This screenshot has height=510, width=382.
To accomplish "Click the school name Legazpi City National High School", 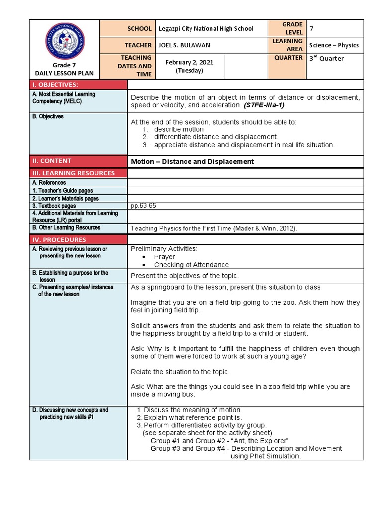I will [x=205, y=29].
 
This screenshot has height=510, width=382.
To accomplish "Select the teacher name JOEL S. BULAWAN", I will [x=184, y=45].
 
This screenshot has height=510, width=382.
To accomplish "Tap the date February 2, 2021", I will [x=190, y=66].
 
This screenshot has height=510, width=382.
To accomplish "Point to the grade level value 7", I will [x=312, y=28].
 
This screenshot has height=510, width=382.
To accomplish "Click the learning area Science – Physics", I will [x=334, y=45].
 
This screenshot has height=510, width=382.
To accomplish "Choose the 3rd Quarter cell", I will [x=327, y=58].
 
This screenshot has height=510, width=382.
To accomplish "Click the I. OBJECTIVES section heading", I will [x=55, y=85].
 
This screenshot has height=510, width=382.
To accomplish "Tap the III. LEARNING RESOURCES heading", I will [x=74, y=173].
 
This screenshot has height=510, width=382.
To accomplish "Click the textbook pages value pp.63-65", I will [x=144, y=206].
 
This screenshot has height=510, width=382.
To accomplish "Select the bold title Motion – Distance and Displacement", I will [x=192, y=161].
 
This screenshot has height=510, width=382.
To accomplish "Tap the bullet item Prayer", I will [x=164, y=257].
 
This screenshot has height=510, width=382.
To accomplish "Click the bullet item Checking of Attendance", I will [x=191, y=265].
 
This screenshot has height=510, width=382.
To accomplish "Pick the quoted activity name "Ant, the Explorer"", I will [x=259, y=441].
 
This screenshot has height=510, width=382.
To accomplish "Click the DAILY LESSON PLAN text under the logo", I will [x=64, y=73].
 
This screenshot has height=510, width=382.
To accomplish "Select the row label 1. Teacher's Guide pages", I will [x=62, y=190].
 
